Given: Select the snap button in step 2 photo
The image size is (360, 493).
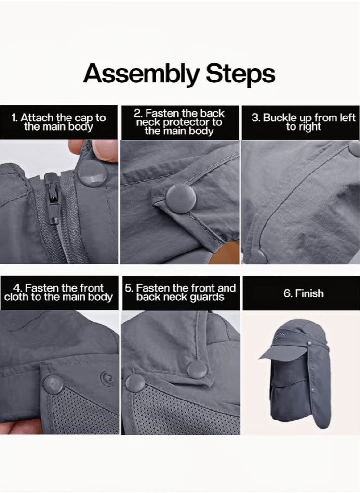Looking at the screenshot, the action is pos(181,199).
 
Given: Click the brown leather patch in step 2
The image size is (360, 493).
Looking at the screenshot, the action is pos(224,252).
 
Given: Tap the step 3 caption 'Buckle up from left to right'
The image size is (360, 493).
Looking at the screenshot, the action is pos(304,122).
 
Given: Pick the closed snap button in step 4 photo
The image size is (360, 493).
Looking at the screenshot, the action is pos(53,385).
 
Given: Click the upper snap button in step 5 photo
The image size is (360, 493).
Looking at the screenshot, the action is pos(197,370).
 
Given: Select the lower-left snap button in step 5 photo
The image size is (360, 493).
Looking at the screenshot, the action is pos(135,383).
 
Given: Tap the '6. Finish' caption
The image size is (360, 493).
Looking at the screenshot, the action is pos(304,293).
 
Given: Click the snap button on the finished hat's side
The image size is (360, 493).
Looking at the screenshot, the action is pos(310,342).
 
